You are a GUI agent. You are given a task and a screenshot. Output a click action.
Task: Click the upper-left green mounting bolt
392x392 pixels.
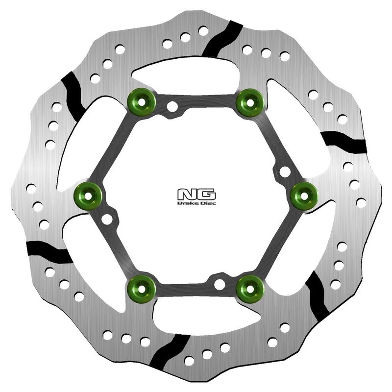(x=142, y=102)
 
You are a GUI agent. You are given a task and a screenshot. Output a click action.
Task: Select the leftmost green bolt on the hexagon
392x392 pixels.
(x=88, y=196)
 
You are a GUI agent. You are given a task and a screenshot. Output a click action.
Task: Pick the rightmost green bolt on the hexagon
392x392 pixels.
(x=304, y=196)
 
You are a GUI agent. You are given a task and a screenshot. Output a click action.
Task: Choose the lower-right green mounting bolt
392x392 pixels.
(x=250, y=289)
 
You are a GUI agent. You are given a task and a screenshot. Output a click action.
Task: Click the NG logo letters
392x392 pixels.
(x=196, y=195)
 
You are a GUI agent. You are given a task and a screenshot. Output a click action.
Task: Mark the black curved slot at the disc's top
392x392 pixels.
(x=222, y=39)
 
